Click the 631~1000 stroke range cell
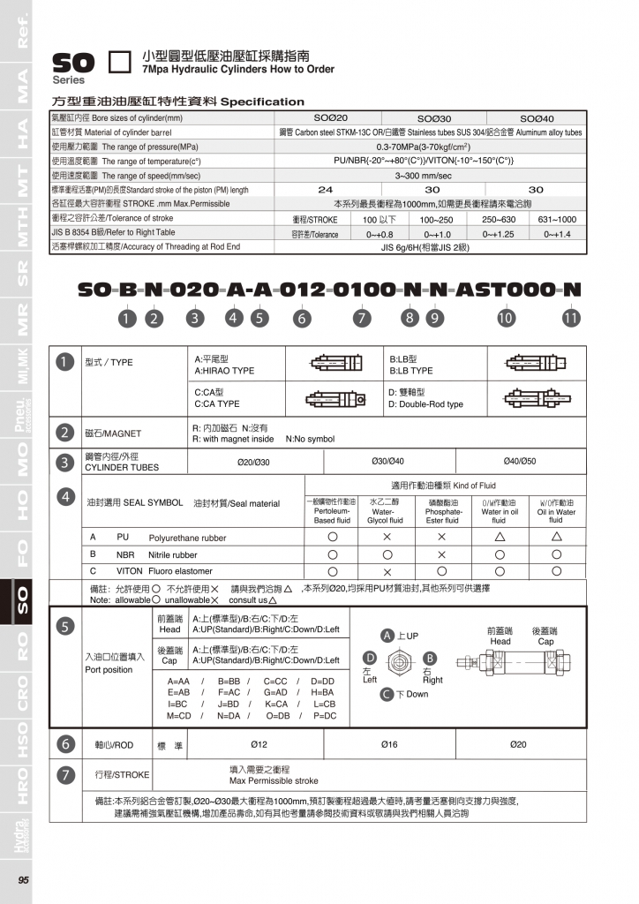click(557, 219)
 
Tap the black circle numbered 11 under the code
click(571, 318)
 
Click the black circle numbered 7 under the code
click(362, 318)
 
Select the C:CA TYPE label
click(216, 403)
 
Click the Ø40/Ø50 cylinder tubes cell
click(519, 461)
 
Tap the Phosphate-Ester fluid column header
click(443, 511)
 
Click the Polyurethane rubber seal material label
click(187, 538)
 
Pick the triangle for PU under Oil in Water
click(556, 537)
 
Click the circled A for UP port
click(387, 636)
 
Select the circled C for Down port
click(387, 694)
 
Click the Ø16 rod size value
click(388, 745)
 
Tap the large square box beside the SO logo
click(119, 63)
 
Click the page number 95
click(24, 879)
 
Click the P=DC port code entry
click(325, 715)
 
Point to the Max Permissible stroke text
click(274, 781)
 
